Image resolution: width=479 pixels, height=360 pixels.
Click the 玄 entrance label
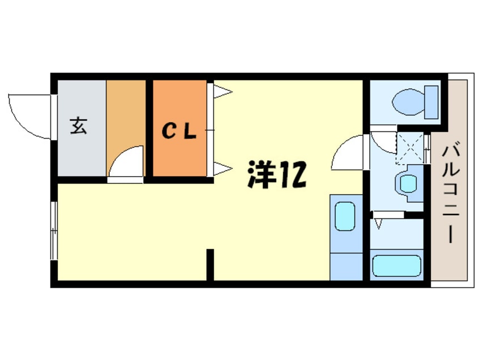pyautogui.click(x=79, y=126)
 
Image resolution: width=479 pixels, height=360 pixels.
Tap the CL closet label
pyautogui.click(x=179, y=132)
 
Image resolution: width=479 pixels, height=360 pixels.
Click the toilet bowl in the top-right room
pyautogui.click(x=407, y=102)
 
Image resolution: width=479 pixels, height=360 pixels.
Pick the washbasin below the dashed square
pyautogui.click(x=408, y=183)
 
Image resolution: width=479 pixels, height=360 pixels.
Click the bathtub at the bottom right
pyautogui.click(x=397, y=265)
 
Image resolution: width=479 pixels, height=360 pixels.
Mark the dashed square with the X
pyautogui.click(x=408, y=144)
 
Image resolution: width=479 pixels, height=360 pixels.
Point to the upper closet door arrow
pyautogui.click(x=223, y=91)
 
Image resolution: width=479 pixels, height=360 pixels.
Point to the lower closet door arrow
pyautogui.click(x=223, y=168)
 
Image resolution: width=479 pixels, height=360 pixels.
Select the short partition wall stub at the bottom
pyautogui.click(x=210, y=264)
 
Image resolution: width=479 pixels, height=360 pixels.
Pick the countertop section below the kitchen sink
pyautogui.click(x=345, y=266)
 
